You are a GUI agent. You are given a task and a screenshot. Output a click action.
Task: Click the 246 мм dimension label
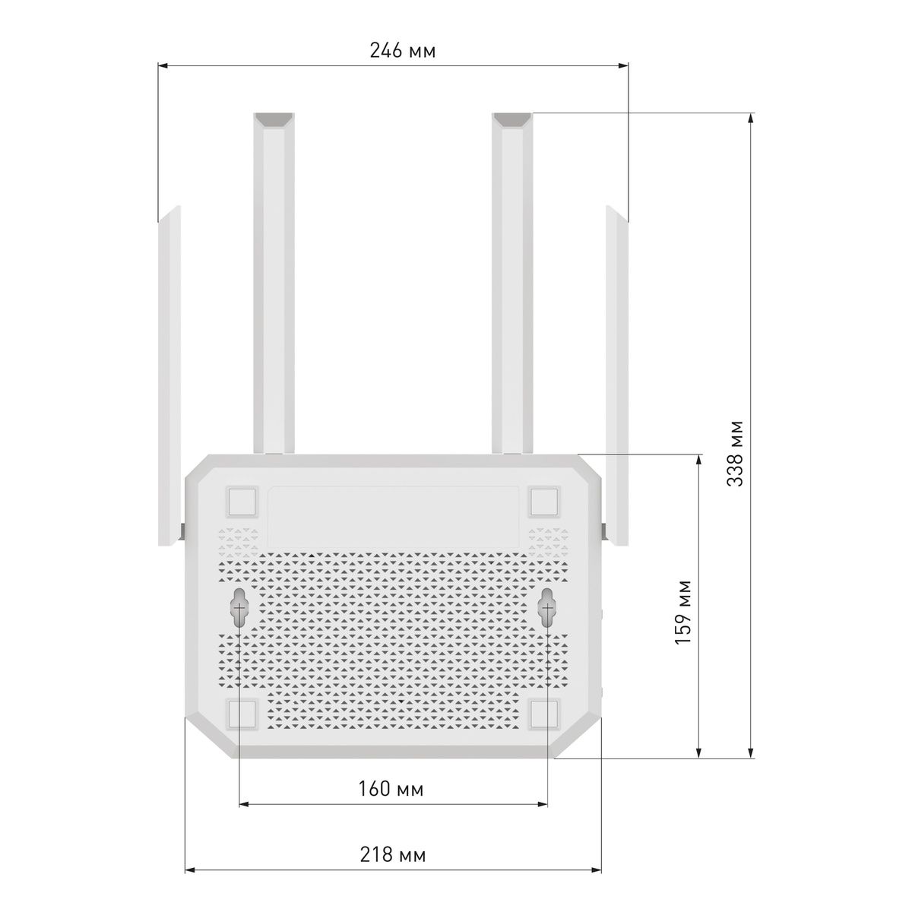[402, 52]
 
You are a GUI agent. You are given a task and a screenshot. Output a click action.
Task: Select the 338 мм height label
[735, 453]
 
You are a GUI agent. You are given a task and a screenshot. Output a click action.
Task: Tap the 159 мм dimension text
[683, 613]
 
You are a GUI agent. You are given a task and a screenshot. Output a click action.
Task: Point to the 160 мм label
[391, 789]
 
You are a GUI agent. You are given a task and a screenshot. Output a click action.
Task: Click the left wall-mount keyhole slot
[239, 607]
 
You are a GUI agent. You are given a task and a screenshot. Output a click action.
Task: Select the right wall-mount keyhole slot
[547, 607]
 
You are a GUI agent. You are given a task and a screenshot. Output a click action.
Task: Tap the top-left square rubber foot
[242, 502]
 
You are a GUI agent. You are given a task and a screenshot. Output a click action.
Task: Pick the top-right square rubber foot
[544, 502]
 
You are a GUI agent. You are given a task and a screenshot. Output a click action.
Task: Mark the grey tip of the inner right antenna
[512, 120]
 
